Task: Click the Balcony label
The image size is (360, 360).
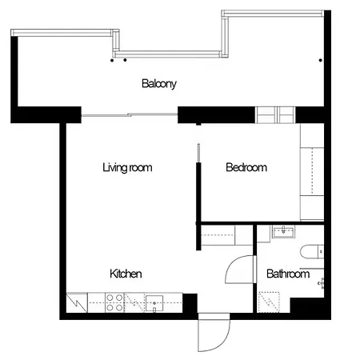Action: (159, 84)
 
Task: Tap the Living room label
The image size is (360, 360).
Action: (127, 167)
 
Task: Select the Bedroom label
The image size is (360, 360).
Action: (246, 167)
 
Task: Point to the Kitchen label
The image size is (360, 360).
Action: (126, 274)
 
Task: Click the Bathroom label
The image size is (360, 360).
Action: (288, 274)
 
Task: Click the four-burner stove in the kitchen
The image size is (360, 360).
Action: (115, 302)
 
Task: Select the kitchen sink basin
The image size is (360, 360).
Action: (154, 303)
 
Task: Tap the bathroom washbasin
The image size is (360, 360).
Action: (283, 231)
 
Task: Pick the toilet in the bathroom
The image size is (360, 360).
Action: (312, 252)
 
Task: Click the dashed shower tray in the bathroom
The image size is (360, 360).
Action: (269, 302)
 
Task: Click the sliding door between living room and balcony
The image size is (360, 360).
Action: (130, 115)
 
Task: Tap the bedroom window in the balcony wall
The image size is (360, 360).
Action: (275, 115)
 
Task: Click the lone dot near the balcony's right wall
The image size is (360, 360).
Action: (321, 60)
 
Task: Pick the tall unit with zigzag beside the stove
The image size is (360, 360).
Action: (77, 302)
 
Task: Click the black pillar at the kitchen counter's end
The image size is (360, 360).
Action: (190, 303)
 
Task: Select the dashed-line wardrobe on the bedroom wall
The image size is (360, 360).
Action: (312, 171)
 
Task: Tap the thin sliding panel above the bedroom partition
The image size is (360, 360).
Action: (198, 153)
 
